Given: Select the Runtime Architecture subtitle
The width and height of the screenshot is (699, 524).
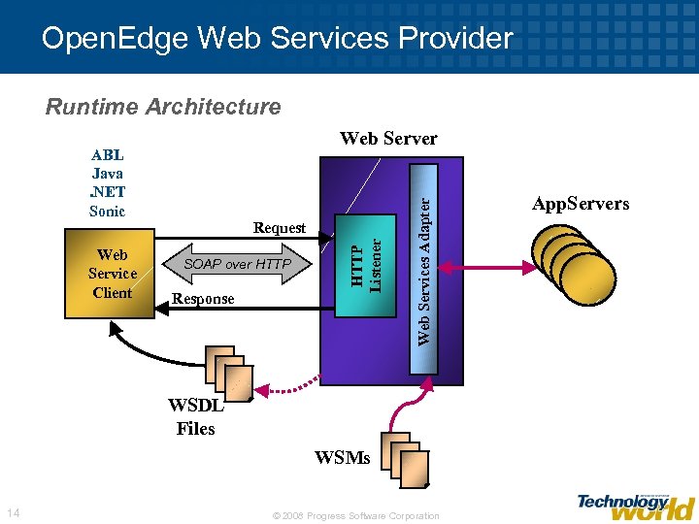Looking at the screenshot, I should point(163,107).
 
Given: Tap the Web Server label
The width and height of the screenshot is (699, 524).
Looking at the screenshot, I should point(388,139).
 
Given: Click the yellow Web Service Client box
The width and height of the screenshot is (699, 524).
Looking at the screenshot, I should point(112,274).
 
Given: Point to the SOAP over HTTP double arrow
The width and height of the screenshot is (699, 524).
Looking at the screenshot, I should point(237,264).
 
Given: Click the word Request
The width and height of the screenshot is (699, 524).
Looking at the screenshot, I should point(279,228).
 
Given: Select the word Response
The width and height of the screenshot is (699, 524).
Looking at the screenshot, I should point(203,299).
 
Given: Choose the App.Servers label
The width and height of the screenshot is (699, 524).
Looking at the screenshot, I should point(581,204).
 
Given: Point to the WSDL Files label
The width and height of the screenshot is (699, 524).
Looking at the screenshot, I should point(195,418).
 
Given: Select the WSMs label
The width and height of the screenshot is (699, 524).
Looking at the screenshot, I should point(343,458).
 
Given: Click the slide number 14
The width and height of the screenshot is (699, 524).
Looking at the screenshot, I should point(13,512).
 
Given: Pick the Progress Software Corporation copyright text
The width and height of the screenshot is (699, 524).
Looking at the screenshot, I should point(356,515).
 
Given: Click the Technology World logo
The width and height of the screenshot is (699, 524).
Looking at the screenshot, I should point(635,505).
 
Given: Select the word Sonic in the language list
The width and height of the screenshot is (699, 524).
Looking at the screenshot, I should point(107,211).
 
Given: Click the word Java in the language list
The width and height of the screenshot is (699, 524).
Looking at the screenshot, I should point(107,174).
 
